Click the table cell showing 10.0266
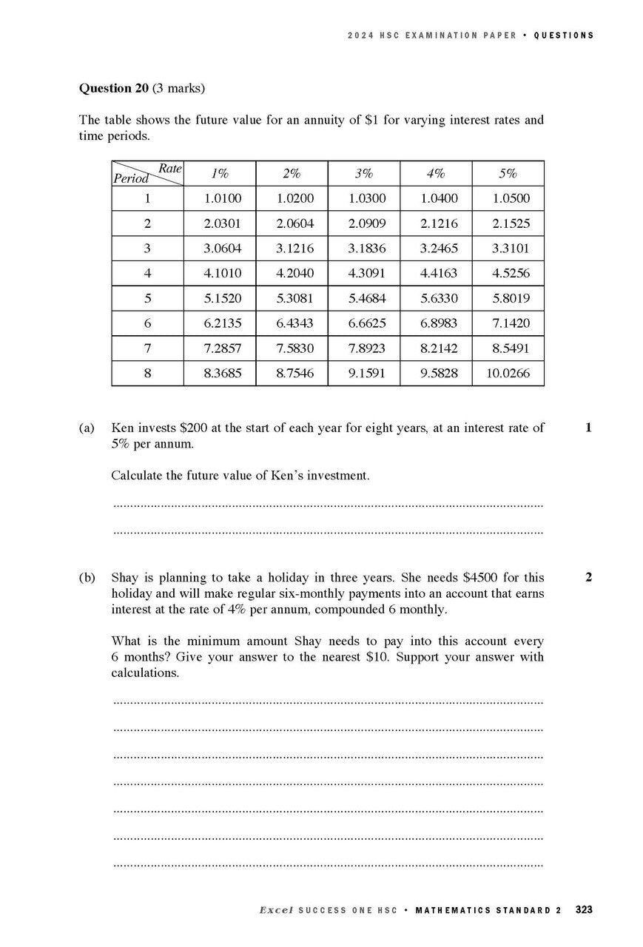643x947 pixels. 508,374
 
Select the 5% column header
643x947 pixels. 508,174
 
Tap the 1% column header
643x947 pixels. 220,174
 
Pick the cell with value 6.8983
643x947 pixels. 436,323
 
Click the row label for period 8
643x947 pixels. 147,374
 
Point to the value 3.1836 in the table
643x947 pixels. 364,249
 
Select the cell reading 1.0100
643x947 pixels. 220,199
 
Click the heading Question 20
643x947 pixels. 114,88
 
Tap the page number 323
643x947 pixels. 583,910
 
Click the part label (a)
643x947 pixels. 87,428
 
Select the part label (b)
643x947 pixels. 87,577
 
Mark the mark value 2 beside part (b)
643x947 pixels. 588,577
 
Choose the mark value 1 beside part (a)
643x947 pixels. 588,428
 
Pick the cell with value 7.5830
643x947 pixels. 292,348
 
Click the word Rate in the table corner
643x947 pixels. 170,169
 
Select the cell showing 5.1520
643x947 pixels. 220,299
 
